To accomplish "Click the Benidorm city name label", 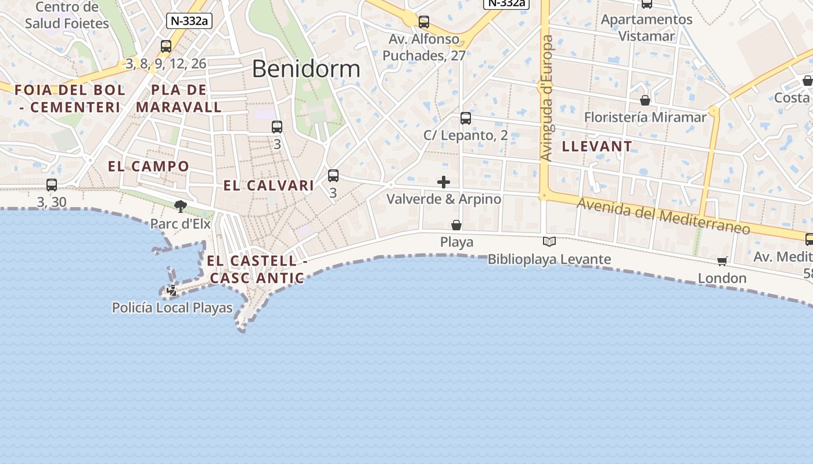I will pos(306,68).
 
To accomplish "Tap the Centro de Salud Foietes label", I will pos(67,16).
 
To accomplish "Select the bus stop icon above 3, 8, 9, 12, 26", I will pos(166,46).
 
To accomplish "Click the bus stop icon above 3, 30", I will pos(52,185).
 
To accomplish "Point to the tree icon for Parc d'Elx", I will pos(181,206).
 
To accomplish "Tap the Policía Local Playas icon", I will pos(171,291).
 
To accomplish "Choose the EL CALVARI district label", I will pos(269,186).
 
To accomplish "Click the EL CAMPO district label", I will pos(149,166).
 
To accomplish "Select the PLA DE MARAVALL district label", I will pos(179,99).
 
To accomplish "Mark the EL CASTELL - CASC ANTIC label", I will pos(257,270).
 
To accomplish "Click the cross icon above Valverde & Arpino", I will pos(444,182).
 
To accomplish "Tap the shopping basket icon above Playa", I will pos(456,225).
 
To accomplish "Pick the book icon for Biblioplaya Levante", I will pos(549,241).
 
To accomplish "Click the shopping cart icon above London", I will pos(722,261).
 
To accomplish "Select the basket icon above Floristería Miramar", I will pos(645,100).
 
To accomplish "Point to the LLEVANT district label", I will pos(597,147).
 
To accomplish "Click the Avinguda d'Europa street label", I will pos(547,99).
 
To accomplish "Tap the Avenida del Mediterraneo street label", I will pos(664,216).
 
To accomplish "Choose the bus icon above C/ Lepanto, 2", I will pos(466,118).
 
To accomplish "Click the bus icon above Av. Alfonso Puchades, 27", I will pos(424,22).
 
